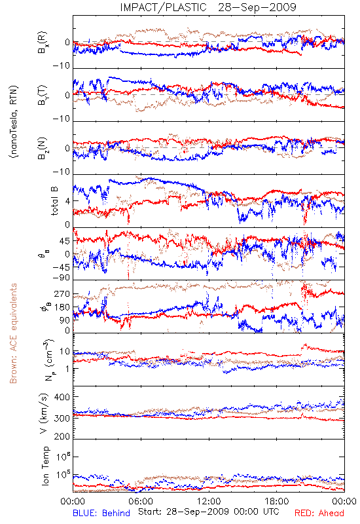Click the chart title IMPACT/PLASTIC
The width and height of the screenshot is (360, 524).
pos(163,7)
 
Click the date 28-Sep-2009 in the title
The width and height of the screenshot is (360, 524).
pos(257,7)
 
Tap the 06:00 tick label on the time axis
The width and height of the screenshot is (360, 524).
pos(141,501)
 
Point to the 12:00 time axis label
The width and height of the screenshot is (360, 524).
pos(209,501)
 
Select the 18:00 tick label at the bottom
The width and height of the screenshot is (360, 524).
pos(277,501)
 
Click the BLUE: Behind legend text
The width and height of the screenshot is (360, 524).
pos(101,513)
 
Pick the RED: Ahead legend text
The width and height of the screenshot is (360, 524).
pos(319,513)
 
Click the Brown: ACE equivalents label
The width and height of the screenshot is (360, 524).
pos(13,333)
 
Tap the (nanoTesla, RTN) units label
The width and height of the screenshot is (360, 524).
pos(14,121)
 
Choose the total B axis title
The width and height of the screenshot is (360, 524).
pos(54,200)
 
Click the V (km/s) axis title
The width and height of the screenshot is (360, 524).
pos(44,413)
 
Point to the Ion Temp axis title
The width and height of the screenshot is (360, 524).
pos(45,466)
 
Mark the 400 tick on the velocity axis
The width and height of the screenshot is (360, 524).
pos(62,397)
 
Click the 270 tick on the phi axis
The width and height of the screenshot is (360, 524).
pos(62,293)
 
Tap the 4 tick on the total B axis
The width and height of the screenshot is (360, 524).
pos(68,201)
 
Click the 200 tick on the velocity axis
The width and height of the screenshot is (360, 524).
pos(62,436)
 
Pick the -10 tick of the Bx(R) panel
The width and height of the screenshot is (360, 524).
pos(62,66)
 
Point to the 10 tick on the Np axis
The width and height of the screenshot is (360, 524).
pos(65,352)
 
